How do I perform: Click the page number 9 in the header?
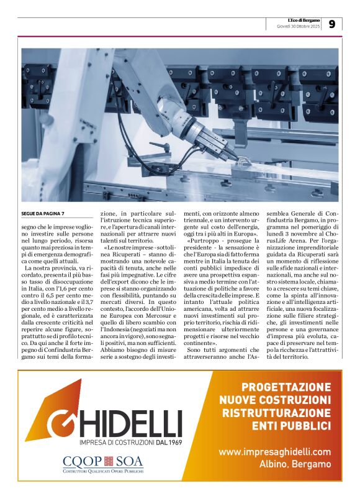331,24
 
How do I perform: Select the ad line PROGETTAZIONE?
286,387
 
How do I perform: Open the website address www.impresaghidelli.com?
274,452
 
